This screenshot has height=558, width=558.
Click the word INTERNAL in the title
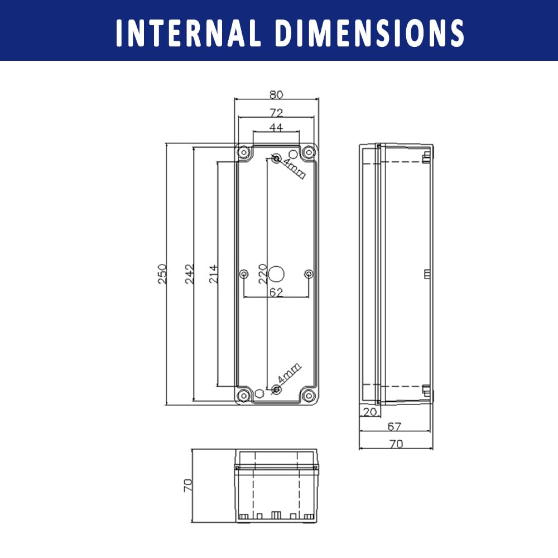coord(188,33)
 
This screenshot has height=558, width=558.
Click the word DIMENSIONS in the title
coord(370,33)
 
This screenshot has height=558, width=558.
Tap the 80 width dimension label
coord(276,95)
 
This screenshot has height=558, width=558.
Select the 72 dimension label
coord(276,113)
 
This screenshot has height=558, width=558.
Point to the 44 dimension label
coord(276,127)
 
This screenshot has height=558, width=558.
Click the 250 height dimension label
coord(162,273)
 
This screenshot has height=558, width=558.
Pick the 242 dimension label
coord(190,273)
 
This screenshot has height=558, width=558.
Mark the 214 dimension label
coord(213,273)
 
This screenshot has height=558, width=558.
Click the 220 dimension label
coord(263,273)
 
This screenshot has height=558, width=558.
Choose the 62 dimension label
coord(276,292)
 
